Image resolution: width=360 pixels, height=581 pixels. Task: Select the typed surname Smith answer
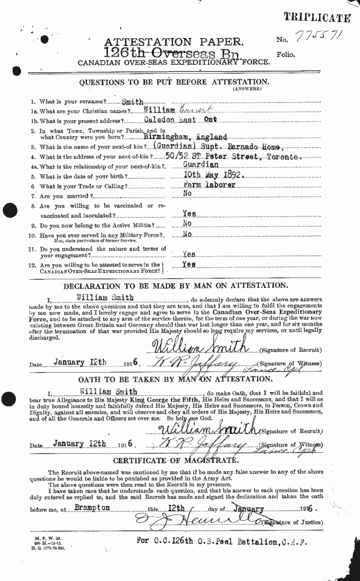pos(133,102)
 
